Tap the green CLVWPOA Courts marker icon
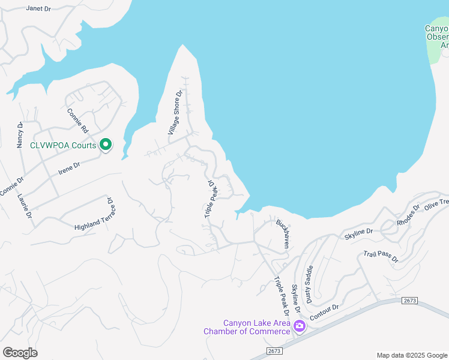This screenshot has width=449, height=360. pyautogui.click(x=106, y=145)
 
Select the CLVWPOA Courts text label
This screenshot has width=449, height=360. pyautogui.click(x=63, y=145)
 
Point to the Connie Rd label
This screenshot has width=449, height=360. pyautogui.click(x=77, y=120)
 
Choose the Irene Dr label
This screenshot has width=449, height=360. pyautogui.click(x=69, y=167)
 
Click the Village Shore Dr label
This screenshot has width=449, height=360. pyautogui.click(x=175, y=112)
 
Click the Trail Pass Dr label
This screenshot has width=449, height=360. pyautogui.click(x=381, y=256)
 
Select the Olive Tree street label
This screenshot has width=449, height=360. pyautogui.click(x=436, y=203)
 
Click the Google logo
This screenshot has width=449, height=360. pyautogui.click(x=20, y=353)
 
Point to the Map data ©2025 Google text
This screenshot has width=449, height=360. pyautogui.click(x=411, y=355)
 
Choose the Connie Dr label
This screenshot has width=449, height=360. pyautogui.click(x=12, y=185)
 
